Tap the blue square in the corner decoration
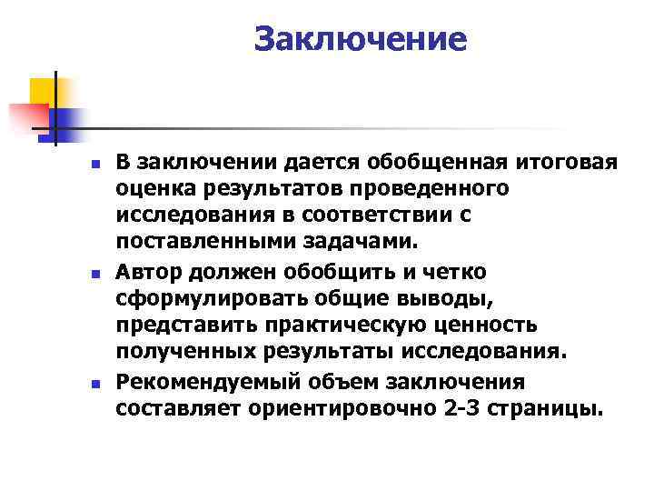tap(65, 121)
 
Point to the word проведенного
tap(449, 189)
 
